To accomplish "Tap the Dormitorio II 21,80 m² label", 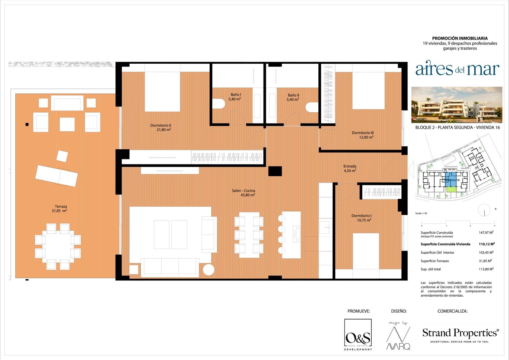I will [161, 128].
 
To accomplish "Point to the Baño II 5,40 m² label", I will [293, 97].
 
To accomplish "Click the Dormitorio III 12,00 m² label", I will [363, 135].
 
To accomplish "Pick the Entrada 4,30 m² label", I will [350, 168].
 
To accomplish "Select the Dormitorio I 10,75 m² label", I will [361, 218].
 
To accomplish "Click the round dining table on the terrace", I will [58, 247].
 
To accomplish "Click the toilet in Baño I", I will [219, 103].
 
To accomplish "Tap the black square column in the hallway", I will [275, 171].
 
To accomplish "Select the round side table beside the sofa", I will [209, 270].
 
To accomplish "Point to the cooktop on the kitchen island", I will [296, 234].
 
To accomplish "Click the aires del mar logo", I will [457, 69].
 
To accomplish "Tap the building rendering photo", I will [457, 105].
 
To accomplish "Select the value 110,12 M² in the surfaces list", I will [486, 244].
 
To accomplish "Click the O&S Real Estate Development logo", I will [358, 335].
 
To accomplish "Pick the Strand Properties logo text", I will [460, 333].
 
